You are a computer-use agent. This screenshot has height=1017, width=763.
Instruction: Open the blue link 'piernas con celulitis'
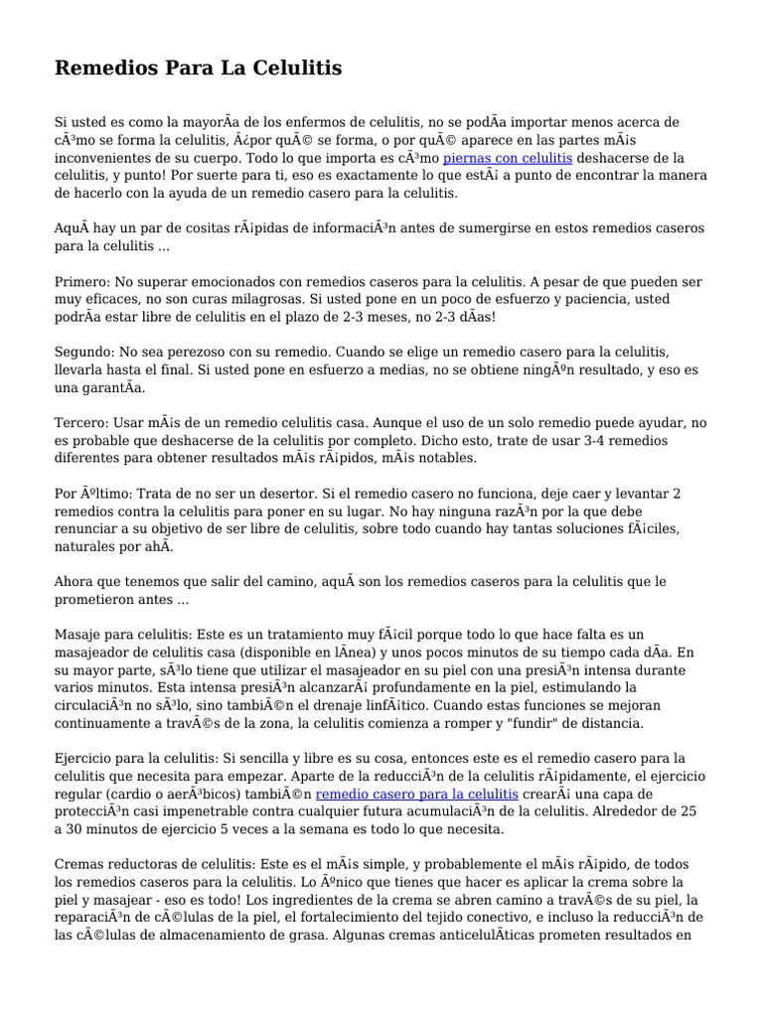coord(507,158)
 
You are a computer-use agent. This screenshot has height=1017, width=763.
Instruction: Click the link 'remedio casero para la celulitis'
coord(416,794)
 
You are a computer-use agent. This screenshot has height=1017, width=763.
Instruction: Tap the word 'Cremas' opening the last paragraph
coord(80,864)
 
